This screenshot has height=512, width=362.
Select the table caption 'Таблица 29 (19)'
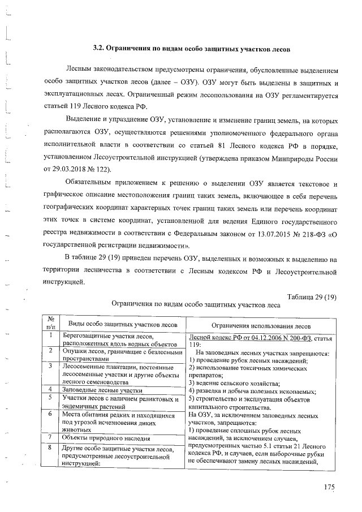pos(312,297)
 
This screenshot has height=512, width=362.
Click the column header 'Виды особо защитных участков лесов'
pos(123,324)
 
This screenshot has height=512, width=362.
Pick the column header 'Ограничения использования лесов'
pos(260,325)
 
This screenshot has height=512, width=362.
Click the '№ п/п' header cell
pos(50,322)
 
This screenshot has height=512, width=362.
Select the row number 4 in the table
pos(50,389)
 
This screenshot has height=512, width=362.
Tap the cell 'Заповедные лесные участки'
pos(99,389)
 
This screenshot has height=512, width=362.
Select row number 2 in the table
pos(50,351)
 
